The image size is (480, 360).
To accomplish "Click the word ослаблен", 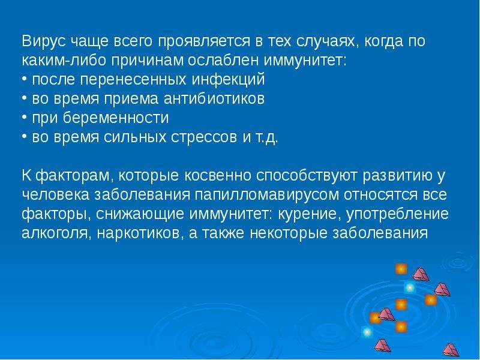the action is [223, 61].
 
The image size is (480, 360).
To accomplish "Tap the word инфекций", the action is [228, 80].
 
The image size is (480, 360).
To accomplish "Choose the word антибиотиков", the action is [214, 98].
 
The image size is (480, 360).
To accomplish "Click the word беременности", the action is [116, 118].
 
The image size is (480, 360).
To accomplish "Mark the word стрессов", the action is [203, 138].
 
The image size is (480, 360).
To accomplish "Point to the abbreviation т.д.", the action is [266, 138].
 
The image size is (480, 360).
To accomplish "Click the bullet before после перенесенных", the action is [25, 79].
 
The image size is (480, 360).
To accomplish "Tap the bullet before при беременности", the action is [25, 117].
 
